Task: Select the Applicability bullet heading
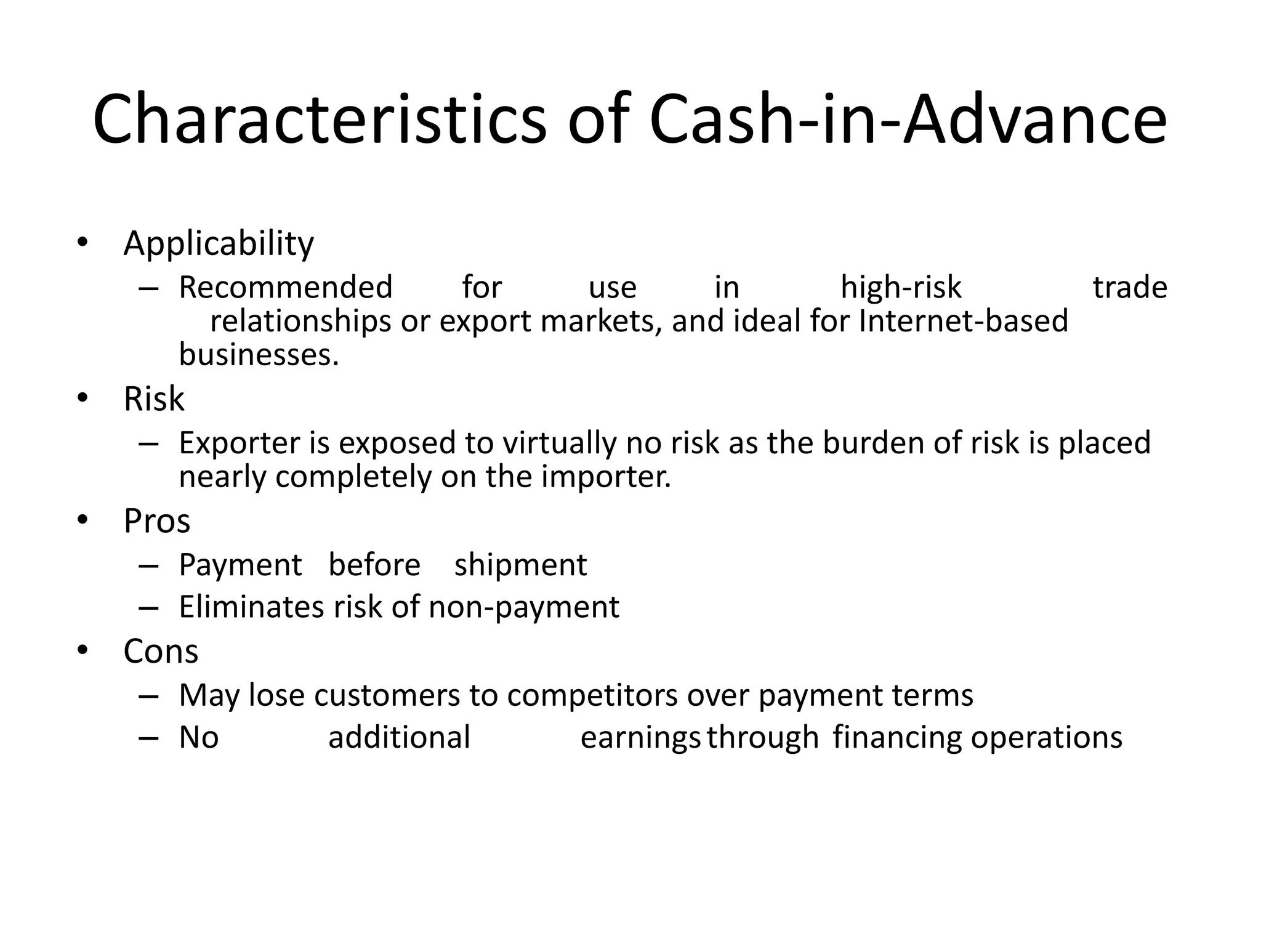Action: [219, 243]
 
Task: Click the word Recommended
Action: [286, 288]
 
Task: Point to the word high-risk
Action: [901, 288]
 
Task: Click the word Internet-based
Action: [963, 321]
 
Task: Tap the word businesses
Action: [259, 355]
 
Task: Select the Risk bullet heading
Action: [154, 398]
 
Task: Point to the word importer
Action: [606, 477]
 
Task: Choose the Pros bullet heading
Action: [157, 521]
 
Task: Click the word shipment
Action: [521, 565]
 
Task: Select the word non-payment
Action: [524, 607]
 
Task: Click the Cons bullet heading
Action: [161, 651]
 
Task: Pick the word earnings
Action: [640, 738]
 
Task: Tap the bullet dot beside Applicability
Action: [83, 241]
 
